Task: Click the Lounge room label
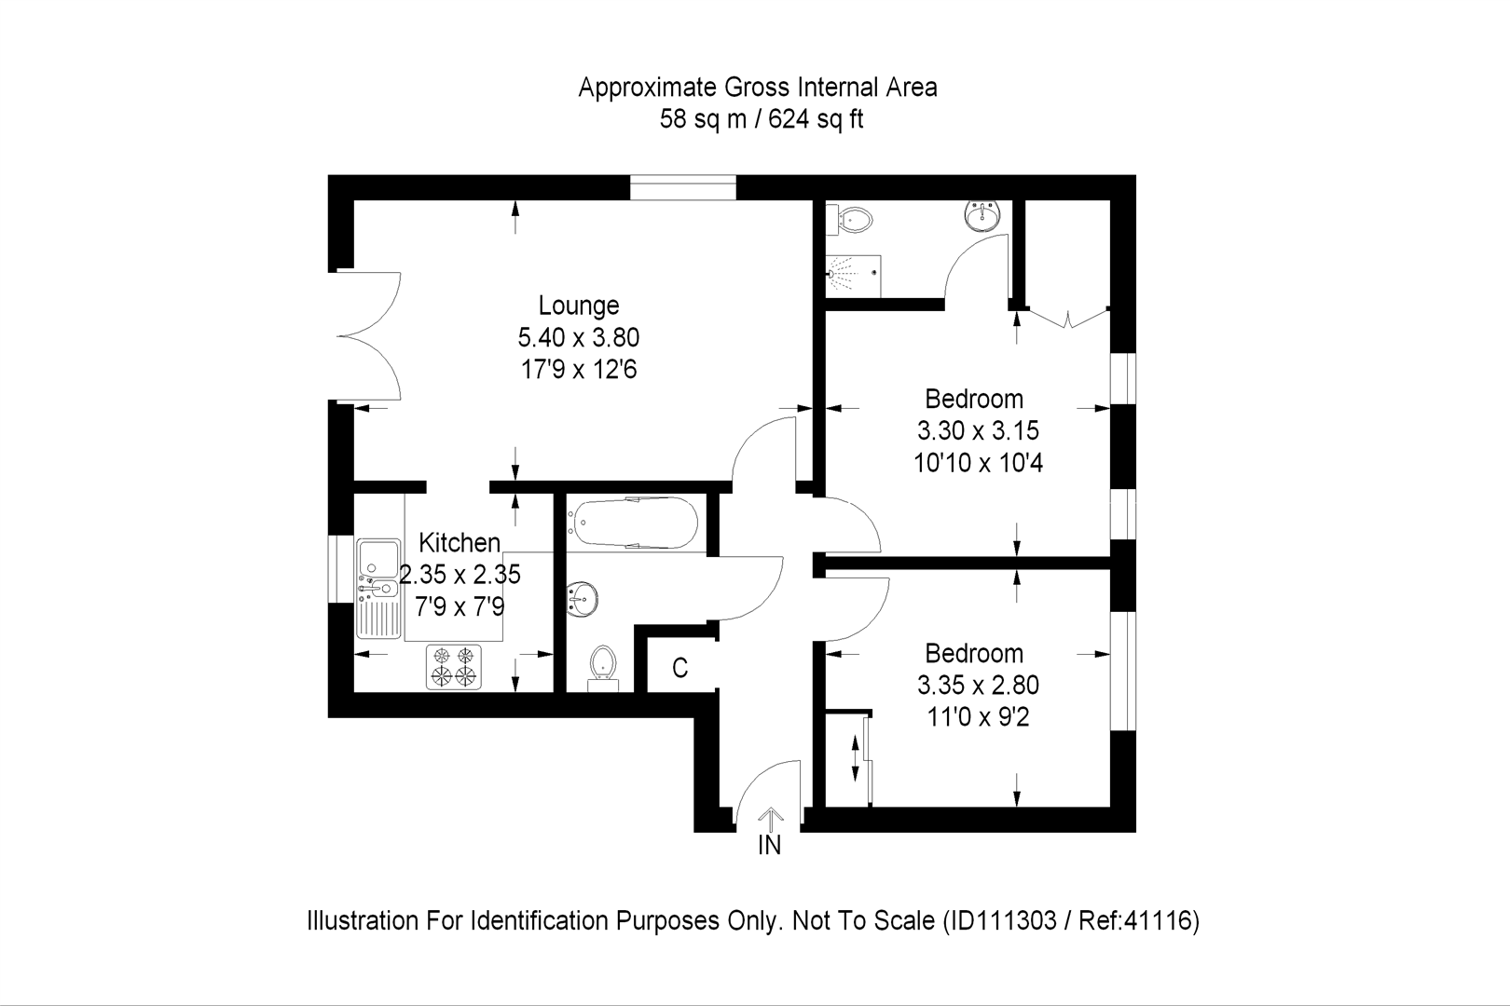click(x=578, y=306)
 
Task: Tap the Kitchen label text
click(x=459, y=542)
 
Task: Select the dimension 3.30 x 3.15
click(x=977, y=431)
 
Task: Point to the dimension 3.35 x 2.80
click(x=977, y=686)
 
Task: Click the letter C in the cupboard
click(x=679, y=668)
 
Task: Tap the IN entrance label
click(x=769, y=846)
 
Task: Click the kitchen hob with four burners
click(x=454, y=666)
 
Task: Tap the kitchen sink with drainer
click(x=378, y=588)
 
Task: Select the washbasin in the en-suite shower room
click(x=981, y=216)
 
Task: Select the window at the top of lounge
click(x=682, y=187)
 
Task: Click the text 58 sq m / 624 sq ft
click(x=761, y=120)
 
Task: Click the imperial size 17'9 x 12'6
click(x=578, y=370)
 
